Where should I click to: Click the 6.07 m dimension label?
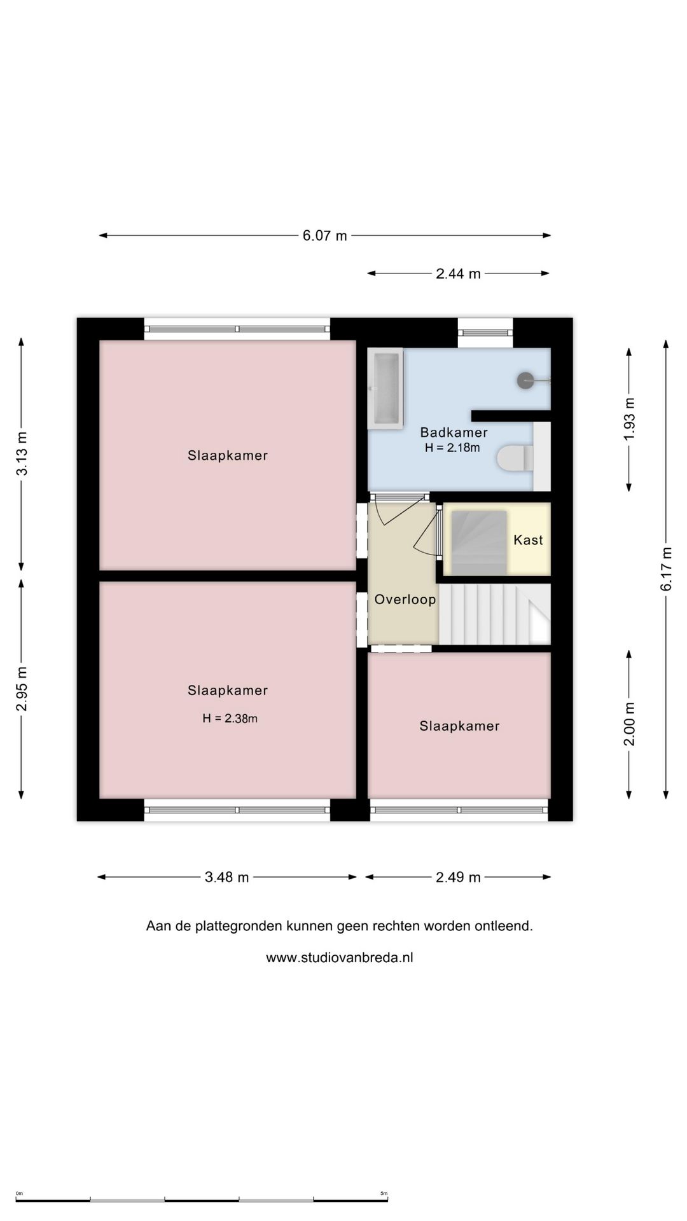[x=324, y=236]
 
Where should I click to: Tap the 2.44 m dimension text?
[x=458, y=274]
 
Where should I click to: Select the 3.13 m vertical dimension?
[x=22, y=453]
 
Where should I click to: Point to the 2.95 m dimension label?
[x=22, y=689]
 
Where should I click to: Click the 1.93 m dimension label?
[x=629, y=419]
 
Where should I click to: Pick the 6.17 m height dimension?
[x=666, y=569]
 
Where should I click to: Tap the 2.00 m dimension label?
[x=629, y=724]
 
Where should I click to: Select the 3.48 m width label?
[x=226, y=878]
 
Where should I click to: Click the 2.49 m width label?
[x=458, y=878]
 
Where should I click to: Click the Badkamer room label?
[x=454, y=432]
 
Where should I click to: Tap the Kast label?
[x=528, y=540]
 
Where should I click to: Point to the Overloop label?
[x=405, y=600]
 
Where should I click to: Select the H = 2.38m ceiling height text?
[x=230, y=719]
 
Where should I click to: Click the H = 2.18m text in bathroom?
[x=452, y=448]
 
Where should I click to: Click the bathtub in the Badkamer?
[x=385, y=389]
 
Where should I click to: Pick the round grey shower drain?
[x=525, y=381]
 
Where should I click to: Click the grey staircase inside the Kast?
[x=479, y=542]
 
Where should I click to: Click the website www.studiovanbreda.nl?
[x=340, y=958]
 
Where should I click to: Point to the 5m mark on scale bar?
[x=384, y=1194]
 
